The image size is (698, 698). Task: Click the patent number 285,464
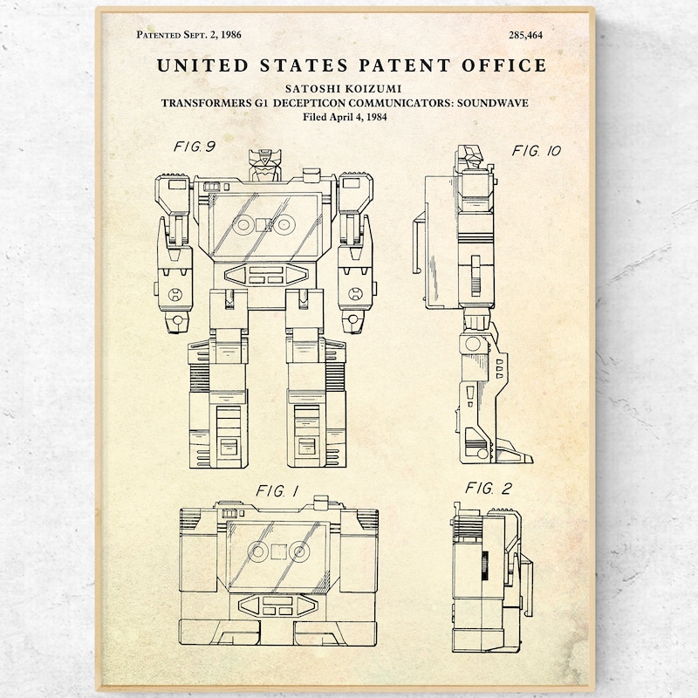(526, 35)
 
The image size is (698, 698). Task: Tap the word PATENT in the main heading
(405, 65)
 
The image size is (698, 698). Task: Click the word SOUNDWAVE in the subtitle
(492, 103)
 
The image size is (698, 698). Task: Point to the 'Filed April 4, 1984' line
(345, 117)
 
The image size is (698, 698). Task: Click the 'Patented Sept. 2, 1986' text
(188, 35)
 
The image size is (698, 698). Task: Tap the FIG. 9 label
(195, 147)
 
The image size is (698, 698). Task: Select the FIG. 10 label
(537, 151)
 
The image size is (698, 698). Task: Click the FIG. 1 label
(277, 491)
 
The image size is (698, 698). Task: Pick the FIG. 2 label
(489, 489)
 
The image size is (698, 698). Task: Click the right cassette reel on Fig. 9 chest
(284, 225)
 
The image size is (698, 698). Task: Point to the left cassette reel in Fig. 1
(257, 551)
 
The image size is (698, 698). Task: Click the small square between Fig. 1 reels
(278, 552)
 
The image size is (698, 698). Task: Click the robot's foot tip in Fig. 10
(531, 460)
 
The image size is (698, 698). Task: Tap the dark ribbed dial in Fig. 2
(485, 565)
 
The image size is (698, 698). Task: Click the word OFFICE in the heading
(504, 65)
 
